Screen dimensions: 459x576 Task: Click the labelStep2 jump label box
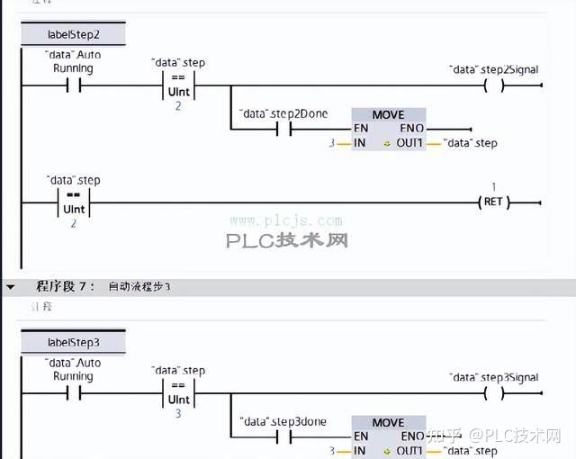click(73, 35)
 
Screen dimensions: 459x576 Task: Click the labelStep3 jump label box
click(73, 343)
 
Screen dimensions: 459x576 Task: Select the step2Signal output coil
click(493, 86)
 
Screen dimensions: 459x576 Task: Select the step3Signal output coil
click(493, 394)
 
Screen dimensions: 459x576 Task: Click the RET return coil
click(492, 202)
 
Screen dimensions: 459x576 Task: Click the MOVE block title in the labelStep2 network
click(388, 115)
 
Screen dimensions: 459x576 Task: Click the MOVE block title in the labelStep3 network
click(388, 423)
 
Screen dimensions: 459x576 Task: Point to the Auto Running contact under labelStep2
click(73, 86)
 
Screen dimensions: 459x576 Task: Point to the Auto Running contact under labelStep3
click(73, 394)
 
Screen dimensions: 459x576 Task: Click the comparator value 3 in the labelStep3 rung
click(178, 414)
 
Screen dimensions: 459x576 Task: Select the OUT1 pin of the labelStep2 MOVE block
click(409, 143)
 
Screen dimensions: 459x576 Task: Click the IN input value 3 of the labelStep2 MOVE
click(331, 143)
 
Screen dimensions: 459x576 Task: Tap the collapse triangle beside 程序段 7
click(11, 287)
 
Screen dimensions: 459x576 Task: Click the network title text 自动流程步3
click(139, 287)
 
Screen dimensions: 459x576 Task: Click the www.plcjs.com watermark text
click(285, 220)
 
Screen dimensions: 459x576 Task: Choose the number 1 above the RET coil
click(493, 187)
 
